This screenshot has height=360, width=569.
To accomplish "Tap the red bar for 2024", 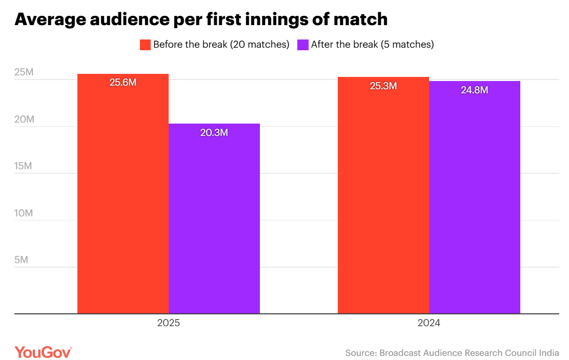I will (383, 195).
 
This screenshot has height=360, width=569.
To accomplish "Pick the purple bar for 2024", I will (475, 197).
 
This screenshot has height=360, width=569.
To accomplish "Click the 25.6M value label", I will (123, 82).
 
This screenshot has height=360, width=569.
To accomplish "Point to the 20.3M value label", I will (214, 132).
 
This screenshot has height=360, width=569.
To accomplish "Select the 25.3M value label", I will (383, 86).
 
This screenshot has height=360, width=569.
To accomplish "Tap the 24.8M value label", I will (475, 90).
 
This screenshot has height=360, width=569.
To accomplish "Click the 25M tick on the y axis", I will (24, 72).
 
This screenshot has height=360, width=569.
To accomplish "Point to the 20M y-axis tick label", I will (24, 119).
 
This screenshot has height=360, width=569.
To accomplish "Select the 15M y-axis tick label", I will (24, 166).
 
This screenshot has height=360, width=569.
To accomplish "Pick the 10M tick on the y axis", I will (24, 213).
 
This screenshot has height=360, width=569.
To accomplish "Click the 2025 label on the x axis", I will (169, 324).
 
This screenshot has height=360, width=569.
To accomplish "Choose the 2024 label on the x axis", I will (429, 324).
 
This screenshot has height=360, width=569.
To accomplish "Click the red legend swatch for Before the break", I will (146, 45).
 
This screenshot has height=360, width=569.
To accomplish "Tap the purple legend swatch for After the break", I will (303, 45).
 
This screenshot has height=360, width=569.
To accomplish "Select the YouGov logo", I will (43, 352).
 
